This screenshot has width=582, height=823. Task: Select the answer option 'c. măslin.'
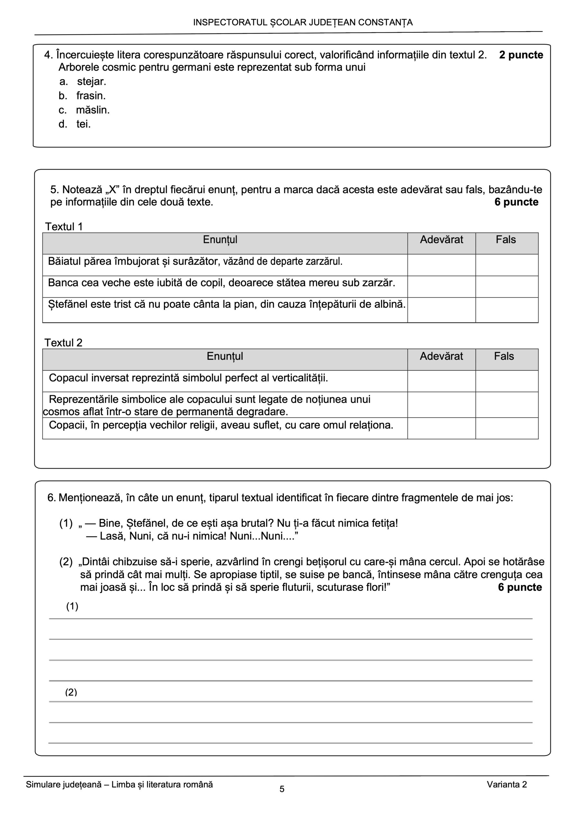pos(84,110)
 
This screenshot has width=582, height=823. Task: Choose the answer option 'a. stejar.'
pos(83,82)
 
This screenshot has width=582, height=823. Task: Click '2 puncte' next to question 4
pos(521,55)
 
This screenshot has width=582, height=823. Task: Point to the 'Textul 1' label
pos(64,227)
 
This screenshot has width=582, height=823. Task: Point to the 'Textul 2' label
pos(63,343)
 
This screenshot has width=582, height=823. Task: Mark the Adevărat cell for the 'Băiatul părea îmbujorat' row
pos(441,265)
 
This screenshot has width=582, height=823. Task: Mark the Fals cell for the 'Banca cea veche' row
pos(506,286)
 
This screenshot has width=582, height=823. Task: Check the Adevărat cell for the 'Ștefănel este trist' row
pos(441,310)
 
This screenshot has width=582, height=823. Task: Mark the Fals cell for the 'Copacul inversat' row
pos(506,381)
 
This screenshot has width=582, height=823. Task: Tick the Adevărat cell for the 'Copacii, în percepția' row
pos(441,428)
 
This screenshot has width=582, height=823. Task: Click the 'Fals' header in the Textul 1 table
pos(505,240)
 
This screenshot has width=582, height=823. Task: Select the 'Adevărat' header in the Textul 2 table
pos(441,356)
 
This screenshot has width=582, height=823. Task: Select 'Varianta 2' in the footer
pos(507,784)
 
